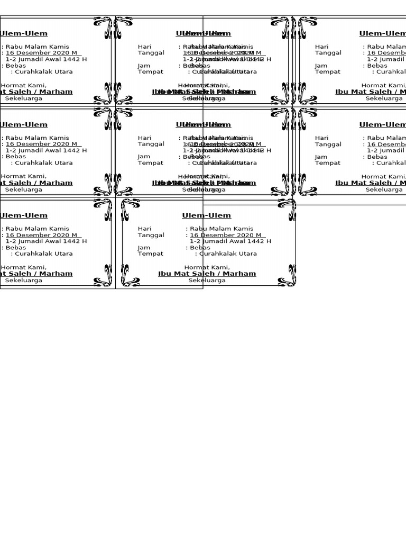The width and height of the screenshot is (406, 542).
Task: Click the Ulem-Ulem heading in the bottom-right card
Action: click(206, 215)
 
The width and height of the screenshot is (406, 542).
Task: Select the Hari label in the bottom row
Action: click(144, 229)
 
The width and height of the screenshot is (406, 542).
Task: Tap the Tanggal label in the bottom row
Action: click(151, 235)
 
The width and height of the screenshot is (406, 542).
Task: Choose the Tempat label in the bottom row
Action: click(150, 254)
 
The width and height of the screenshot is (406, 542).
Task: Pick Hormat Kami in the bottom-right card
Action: click(207, 267)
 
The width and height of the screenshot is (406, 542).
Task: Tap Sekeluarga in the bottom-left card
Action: click(23, 281)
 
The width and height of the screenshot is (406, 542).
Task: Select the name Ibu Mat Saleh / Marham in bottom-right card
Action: click(207, 274)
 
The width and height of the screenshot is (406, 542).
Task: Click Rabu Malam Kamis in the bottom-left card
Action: click(37, 229)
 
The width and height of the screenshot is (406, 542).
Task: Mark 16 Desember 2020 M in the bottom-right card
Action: click(225, 235)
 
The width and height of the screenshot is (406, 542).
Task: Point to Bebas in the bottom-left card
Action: click(16, 247)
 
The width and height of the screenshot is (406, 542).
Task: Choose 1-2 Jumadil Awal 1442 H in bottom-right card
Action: click(230, 241)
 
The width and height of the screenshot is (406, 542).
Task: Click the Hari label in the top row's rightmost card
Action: click(321, 47)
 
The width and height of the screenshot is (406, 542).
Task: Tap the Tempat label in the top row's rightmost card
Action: click(328, 71)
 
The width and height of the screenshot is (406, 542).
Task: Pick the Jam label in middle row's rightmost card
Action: click(321, 157)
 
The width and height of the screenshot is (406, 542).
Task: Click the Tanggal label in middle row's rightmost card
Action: click(328, 144)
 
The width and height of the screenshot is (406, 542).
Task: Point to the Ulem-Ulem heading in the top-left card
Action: click(24, 33)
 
